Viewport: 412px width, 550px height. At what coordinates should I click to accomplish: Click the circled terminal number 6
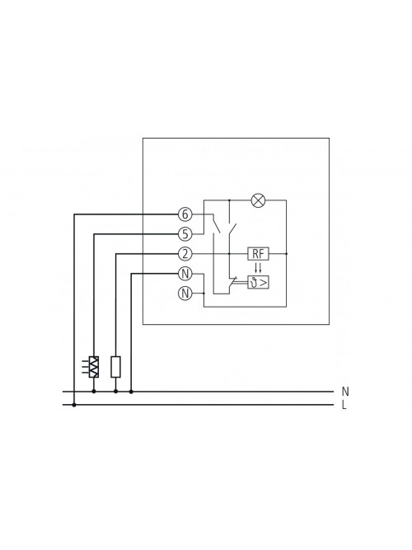click(x=185, y=214)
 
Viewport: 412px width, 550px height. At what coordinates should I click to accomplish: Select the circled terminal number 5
click(x=185, y=234)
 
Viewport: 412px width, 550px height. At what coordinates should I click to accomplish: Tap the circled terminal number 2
click(x=185, y=254)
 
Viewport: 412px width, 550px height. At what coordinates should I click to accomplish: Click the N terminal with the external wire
click(x=185, y=274)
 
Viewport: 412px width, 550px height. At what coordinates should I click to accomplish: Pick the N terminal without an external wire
click(x=185, y=294)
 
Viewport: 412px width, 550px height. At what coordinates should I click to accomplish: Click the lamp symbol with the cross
click(x=259, y=200)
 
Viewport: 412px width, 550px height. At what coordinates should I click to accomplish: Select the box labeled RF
click(x=259, y=254)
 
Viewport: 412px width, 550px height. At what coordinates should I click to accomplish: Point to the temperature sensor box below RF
click(x=259, y=282)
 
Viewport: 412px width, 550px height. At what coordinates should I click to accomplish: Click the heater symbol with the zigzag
click(x=94, y=367)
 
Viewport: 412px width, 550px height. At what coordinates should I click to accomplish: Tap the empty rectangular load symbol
click(x=115, y=367)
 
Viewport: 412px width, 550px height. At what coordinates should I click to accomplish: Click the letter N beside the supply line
click(x=345, y=391)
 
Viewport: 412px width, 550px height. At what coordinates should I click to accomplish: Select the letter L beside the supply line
click(x=344, y=405)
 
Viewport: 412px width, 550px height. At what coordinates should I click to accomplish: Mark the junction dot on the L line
click(x=74, y=405)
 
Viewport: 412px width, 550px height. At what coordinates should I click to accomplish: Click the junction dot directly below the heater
click(x=94, y=391)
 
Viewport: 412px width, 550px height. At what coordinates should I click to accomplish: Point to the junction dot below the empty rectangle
click(x=115, y=391)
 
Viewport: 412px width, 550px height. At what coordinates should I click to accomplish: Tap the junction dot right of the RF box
click(x=286, y=254)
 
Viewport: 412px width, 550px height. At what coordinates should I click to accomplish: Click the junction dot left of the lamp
click(x=229, y=200)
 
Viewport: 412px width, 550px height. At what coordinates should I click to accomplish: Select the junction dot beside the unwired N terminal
click(x=204, y=294)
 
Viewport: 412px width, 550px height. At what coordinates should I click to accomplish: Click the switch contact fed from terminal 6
click(x=216, y=225)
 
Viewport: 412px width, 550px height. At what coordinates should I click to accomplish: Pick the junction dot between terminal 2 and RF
click(x=229, y=254)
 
